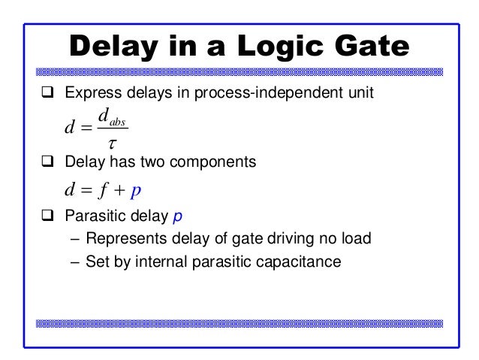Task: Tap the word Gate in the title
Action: (x=368, y=47)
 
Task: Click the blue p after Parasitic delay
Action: (x=177, y=219)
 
